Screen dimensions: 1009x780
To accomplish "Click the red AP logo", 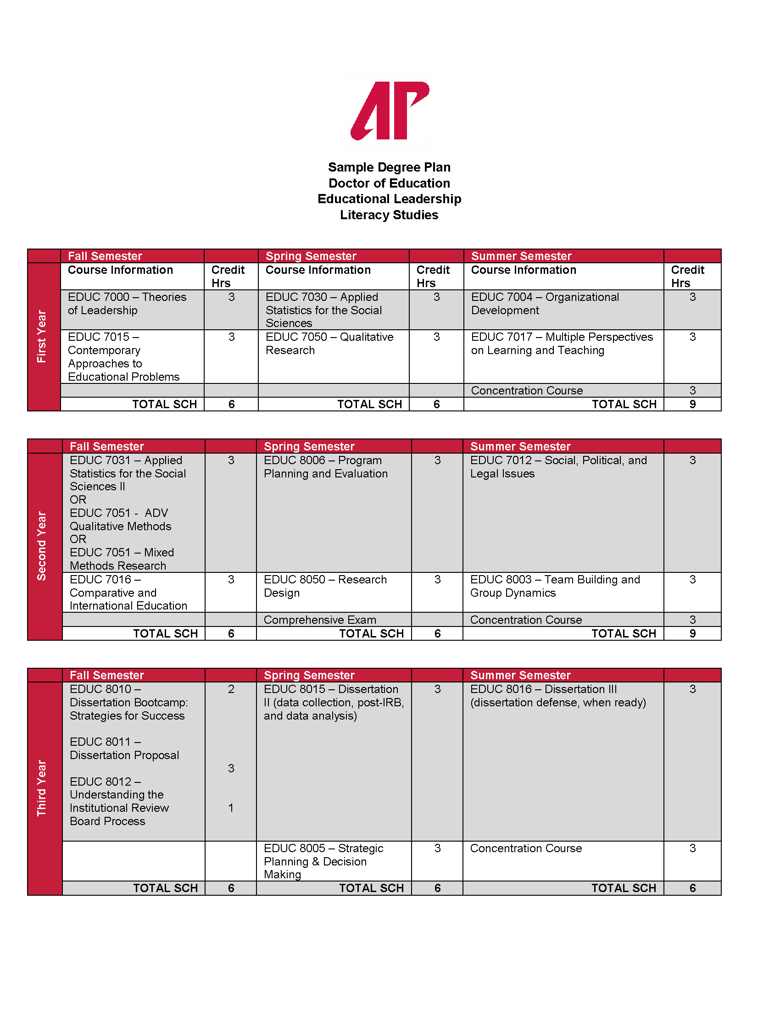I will (x=390, y=111).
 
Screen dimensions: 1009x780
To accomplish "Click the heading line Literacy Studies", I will (x=389, y=215).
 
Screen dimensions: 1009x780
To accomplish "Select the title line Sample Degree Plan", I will (x=389, y=167).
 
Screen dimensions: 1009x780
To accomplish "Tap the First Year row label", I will (x=42, y=336).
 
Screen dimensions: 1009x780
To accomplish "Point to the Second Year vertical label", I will (x=42, y=546).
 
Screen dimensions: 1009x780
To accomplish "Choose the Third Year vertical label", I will (x=42, y=787).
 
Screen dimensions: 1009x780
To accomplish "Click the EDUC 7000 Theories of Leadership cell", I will (x=127, y=304).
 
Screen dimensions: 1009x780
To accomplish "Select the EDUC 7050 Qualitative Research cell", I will (x=329, y=343).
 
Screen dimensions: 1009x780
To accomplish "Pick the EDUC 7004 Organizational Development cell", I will (x=545, y=304).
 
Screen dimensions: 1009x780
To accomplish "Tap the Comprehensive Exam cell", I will (x=320, y=620).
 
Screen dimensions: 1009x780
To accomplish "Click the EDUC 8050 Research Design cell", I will (x=325, y=586).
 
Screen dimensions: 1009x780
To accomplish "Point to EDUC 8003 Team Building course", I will (x=555, y=586).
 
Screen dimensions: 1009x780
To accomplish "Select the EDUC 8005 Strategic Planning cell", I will (x=323, y=861).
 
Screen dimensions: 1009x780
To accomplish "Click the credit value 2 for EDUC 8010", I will (x=231, y=689).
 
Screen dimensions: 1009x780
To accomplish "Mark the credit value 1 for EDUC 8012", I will (x=231, y=808).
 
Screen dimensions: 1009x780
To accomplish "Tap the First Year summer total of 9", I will (x=692, y=404).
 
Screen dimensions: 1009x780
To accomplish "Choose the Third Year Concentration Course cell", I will (x=526, y=848).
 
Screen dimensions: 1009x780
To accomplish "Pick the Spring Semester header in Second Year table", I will (x=309, y=446).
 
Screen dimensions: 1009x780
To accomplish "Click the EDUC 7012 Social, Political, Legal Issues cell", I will (x=558, y=466).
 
